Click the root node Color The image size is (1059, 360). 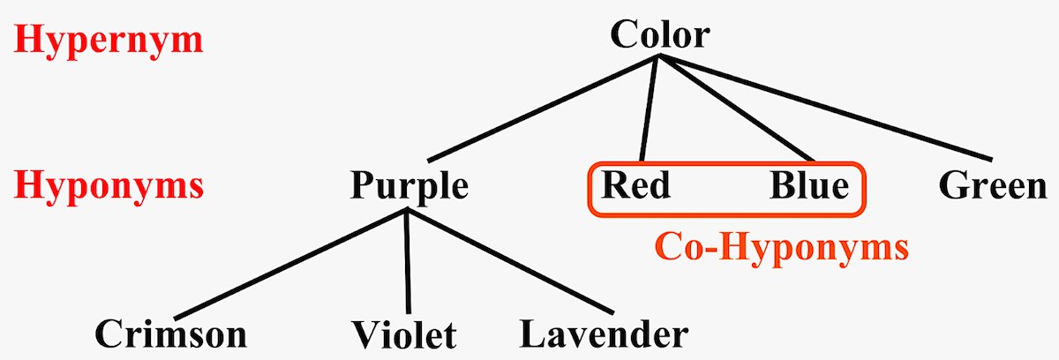(x=659, y=35)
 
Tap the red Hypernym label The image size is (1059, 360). (x=109, y=41)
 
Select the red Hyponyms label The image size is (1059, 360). (x=109, y=186)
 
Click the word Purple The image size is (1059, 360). (x=409, y=186)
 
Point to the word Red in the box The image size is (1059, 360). (x=635, y=186)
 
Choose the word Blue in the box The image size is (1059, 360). (x=809, y=186)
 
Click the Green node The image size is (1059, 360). (x=993, y=186)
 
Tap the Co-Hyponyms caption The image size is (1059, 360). (x=780, y=248)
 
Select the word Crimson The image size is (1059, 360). (x=170, y=334)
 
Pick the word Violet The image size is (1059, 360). (x=405, y=335)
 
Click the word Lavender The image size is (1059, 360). (x=604, y=334)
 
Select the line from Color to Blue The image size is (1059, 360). (x=737, y=109)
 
